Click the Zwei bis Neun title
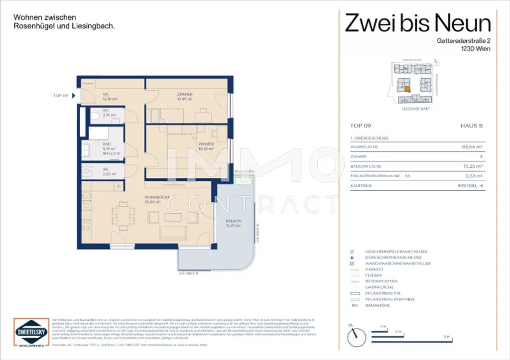[418, 23]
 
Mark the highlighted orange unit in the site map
[407, 90]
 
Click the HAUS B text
[472, 126]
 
